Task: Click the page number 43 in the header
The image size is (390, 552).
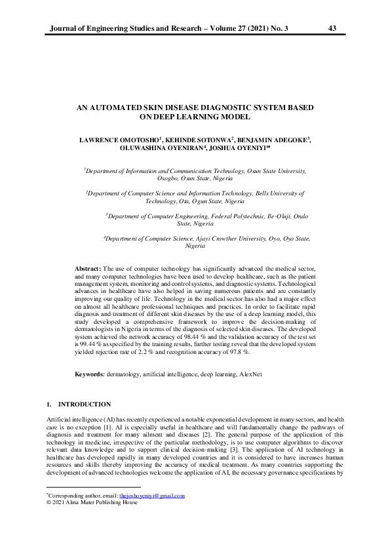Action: (x=332, y=28)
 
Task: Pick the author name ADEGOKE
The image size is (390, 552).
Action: (x=284, y=140)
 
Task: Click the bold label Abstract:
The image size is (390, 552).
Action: (x=88, y=269)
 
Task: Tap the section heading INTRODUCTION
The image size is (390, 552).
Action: (x=85, y=404)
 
